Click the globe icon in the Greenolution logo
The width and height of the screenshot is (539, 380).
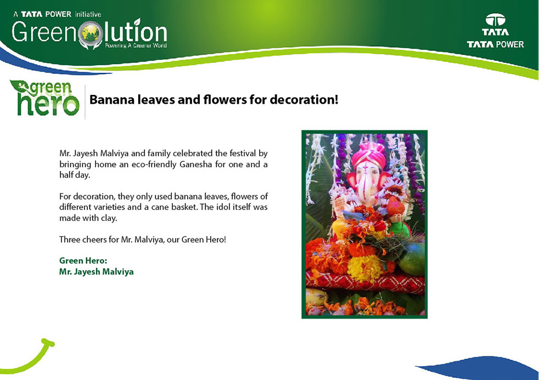[91, 34]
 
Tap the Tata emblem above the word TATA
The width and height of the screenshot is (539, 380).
[495, 20]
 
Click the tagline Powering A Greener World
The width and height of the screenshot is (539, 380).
[136, 46]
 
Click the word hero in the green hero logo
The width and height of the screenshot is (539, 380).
[48, 104]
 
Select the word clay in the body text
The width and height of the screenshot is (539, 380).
[109, 218]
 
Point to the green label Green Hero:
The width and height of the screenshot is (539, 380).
[83, 260]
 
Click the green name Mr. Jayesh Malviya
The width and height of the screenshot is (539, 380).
[96, 271]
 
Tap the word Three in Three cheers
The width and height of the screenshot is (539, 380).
[69, 239]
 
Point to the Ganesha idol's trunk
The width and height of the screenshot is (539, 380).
[368, 187]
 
